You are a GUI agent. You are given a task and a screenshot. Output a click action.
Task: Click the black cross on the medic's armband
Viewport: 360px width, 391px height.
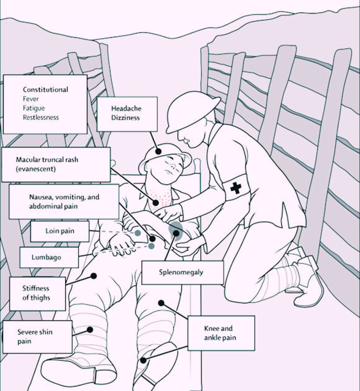[236, 187]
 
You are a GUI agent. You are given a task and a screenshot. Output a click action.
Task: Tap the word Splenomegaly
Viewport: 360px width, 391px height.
[183, 272]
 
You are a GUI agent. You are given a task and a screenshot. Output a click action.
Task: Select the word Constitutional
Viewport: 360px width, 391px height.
[45, 90]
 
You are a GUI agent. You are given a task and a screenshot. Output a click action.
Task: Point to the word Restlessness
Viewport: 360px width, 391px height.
[41, 117]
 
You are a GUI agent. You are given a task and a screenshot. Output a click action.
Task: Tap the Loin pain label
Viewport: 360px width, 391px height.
[59, 231]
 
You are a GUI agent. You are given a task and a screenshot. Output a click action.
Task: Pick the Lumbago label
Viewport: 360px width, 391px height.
[47, 257]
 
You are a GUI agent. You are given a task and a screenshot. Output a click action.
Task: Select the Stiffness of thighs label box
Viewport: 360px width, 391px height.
[37, 293]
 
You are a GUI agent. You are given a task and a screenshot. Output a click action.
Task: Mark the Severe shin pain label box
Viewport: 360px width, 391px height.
[37, 337]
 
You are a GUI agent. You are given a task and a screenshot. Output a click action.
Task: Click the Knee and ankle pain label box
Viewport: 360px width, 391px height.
[221, 333]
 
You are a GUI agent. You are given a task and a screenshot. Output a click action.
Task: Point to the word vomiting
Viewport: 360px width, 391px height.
[68, 197]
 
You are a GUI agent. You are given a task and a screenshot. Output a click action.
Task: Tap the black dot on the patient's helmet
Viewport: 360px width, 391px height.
[158, 151]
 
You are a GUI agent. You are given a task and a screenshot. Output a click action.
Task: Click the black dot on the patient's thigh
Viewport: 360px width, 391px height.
[94, 275]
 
